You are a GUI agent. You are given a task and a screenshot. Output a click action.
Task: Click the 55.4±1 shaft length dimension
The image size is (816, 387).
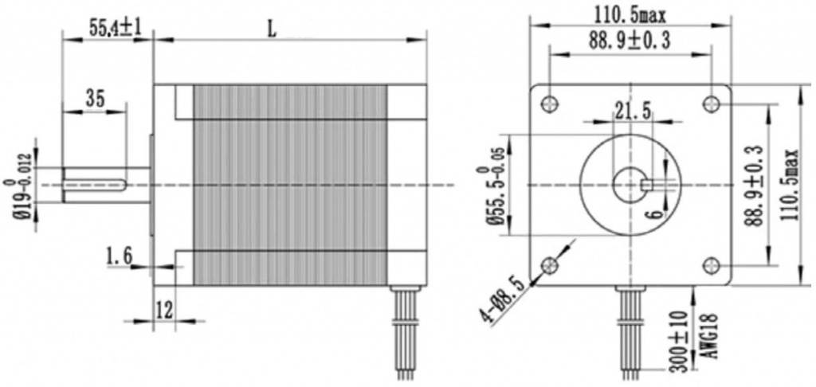click(115, 28)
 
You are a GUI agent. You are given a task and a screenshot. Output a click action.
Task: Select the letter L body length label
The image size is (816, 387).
click(271, 30)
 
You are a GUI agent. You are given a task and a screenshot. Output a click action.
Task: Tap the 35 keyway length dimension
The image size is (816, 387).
click(95, 98)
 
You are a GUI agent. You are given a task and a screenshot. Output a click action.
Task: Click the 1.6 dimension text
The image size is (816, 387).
click(120, 256)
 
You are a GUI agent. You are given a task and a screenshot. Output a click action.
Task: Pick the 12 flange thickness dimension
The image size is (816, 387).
click(164, 311)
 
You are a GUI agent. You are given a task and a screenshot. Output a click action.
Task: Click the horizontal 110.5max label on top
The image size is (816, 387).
click(630, 17)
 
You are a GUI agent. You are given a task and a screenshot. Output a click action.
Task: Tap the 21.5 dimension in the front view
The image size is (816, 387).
click(632, 111)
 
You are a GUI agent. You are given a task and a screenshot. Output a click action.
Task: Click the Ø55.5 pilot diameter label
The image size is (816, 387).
click(492, 195)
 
